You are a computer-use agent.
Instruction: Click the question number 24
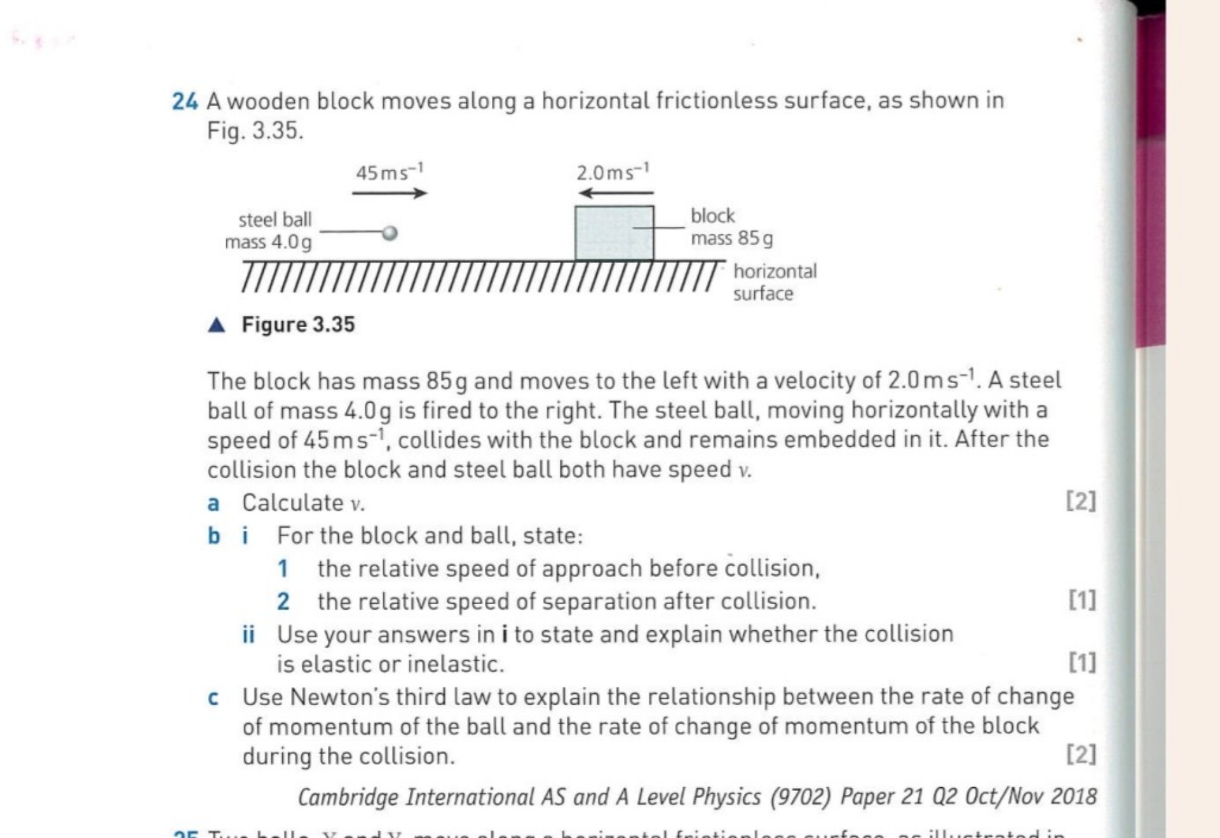pos(184,102)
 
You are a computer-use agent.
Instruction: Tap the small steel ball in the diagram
pos(390,233)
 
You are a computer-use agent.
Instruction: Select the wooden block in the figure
pos(614,233)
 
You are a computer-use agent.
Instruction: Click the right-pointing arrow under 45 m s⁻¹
pos(390,193)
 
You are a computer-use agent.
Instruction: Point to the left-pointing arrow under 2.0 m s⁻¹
pos(616,193)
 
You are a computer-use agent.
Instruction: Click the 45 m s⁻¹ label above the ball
pos(389,172)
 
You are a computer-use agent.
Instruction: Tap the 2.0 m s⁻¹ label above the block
pos(613,172)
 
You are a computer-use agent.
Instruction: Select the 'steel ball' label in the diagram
pos(275,220)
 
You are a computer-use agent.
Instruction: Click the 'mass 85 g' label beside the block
pos(731,239)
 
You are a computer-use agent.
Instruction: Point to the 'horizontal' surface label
pos(775,271)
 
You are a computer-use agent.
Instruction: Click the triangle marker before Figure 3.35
pos(217,325)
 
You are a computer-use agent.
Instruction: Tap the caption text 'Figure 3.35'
pos(298,325)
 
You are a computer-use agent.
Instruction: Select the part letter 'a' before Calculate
pos(213,504)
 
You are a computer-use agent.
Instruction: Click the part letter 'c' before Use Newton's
pos(213,698)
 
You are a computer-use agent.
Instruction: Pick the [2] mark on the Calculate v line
pos(1080,502)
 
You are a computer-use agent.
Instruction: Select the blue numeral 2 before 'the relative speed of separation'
pos(283,602)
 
